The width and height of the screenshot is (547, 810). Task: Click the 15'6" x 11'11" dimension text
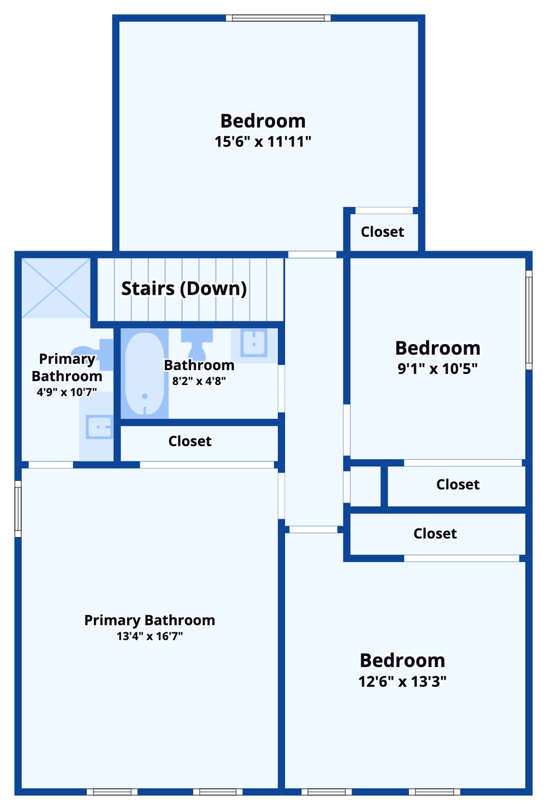coord(262,142)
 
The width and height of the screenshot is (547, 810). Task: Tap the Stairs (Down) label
coord(184,288)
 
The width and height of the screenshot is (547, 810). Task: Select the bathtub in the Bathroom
coord(144,373)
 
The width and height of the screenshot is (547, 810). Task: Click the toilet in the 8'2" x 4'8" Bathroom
coord(197,344)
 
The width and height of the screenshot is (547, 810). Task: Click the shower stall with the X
coord(55,287)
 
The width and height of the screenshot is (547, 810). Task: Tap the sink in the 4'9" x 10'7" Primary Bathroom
coord(99,427)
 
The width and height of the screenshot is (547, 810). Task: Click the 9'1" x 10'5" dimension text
coord(437,369)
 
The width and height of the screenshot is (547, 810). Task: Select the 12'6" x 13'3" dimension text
coord(402,681)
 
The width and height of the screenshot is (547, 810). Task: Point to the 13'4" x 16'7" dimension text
coord(149,636)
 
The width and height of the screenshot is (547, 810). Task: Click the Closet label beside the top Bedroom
coord(382,232)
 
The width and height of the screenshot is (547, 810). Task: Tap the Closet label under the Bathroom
coord(190,441)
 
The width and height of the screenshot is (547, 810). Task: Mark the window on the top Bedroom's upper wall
coord(278,18)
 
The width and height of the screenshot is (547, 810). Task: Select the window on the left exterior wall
coord(18,509)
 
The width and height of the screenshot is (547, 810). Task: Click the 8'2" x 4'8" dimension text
coord(199,381)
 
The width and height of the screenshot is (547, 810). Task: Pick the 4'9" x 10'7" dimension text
coord(67,392)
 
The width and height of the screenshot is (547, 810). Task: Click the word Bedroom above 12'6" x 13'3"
coord(402,660)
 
